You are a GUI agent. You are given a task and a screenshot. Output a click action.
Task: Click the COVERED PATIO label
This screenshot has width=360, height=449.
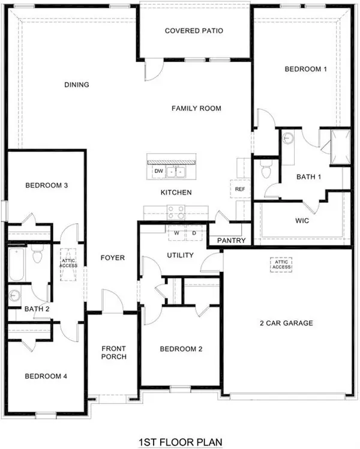coord(194,31)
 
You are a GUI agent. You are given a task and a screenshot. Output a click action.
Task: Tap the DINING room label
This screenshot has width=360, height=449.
coord(77,85)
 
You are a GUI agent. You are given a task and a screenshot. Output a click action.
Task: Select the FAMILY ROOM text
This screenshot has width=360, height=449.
coord(196,109)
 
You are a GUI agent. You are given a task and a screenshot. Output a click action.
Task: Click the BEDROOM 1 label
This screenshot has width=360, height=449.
coord(305,69)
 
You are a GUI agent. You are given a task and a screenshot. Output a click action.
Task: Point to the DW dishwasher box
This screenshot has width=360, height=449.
coord(158,172)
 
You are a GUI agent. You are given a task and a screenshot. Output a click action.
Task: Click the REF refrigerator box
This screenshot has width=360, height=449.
coord(240,189)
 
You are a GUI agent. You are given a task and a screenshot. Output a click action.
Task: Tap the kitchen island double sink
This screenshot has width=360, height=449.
coord(176,172)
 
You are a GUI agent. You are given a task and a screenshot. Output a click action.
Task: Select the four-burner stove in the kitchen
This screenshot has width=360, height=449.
coord(175,211)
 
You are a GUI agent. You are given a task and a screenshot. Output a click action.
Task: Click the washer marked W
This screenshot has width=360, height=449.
coord(177,233)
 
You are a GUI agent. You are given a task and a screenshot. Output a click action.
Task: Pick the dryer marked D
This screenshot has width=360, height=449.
coord(194,233)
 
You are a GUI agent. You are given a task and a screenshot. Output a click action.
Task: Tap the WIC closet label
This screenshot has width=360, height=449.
coord(302,220)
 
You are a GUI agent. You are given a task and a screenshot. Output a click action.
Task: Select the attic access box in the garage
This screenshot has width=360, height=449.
coord(281,265)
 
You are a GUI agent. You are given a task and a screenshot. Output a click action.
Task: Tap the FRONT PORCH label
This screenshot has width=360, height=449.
coord(113,353)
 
